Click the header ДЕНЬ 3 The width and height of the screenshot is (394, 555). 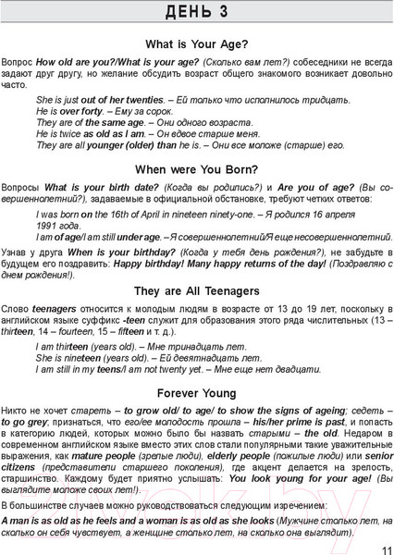coord(196,13)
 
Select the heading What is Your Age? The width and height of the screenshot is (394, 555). coord(196,43)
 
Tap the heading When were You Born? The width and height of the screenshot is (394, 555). coord(196,169)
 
